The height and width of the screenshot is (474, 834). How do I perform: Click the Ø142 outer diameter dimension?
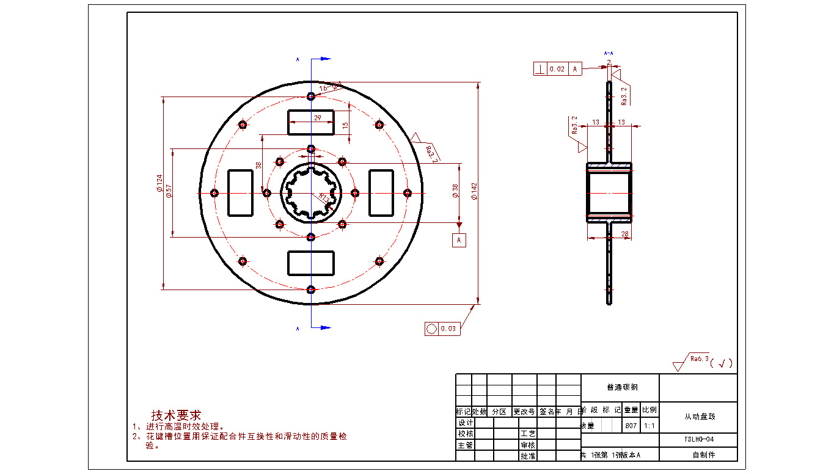474,191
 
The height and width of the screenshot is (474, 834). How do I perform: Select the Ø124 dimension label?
159,183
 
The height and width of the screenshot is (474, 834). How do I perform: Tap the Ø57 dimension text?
169,191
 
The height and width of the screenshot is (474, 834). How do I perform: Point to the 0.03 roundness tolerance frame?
442,329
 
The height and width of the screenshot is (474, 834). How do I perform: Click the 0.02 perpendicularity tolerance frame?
557,69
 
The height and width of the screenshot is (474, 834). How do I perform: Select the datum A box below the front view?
459,240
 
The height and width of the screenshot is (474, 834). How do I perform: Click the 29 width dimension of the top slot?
318,117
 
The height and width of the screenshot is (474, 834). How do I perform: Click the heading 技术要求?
176,415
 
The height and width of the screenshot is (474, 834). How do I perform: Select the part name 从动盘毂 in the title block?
699,417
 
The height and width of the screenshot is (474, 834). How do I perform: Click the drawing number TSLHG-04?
699,439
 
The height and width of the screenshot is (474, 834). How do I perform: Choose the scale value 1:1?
649,426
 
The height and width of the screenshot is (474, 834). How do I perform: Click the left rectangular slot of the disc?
240,193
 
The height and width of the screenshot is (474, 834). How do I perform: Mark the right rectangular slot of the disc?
381,193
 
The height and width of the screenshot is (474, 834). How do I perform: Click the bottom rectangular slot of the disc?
311,262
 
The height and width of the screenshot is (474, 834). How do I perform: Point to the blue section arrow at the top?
322,59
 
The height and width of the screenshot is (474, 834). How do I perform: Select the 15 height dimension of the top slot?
345,125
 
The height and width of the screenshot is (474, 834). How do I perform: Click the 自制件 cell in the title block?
699,454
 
